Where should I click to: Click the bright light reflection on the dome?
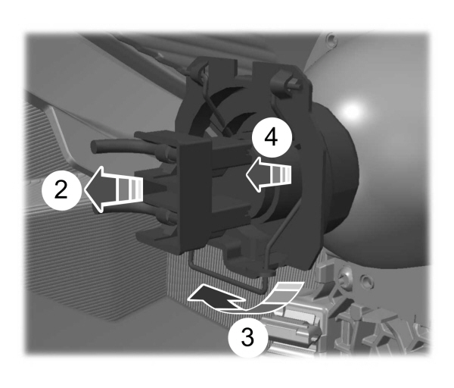(x=350, y=111)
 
